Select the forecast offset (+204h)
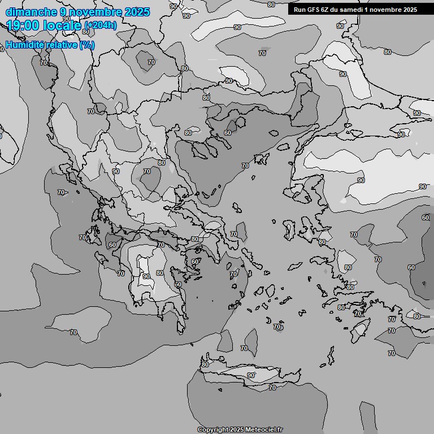pyautogui.click(x=101, y=25)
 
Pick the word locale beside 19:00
pyautogui.click(x=66, y=25)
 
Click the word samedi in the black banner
pyautogui.click(x=355, y=10)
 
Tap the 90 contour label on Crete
pyautogui.click(x=251, y=375)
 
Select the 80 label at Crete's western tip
pyautogui.click(x=205, y=364)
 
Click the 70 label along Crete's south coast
pyautogui.click(x=272, y=388)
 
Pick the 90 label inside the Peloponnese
pyautogui.click(x=146, y=276)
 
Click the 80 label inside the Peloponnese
pyautogui.click(x=160, y=273)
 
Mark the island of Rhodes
pyautogui.click(x=360, y=329)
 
